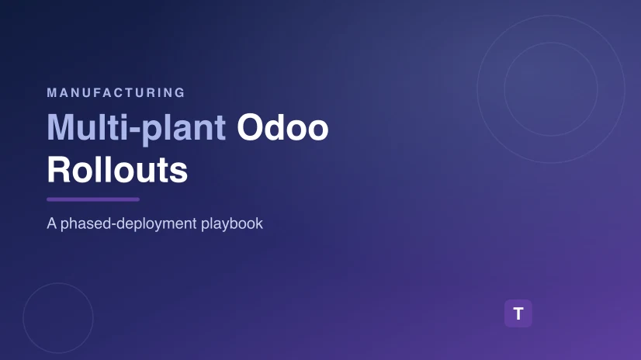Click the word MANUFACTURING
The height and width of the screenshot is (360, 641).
pos(116,93)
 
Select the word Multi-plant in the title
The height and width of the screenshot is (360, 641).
pos(136,129)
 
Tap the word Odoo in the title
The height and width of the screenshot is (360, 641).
pos(282,127)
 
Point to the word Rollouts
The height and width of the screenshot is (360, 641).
pos(117,170)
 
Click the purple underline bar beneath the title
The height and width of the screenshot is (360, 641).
pos(93,199)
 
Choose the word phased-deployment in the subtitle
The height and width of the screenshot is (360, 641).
pos(128,224)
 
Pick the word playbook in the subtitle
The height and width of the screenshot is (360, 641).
pos(232,223)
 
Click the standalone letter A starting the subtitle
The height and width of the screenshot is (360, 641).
pos(51,223)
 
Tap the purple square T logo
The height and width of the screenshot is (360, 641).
pos(518,313)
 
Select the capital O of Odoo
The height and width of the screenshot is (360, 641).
pos(250,127)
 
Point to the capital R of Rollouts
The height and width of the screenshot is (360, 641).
pos(58,169)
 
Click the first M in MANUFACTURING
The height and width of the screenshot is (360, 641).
pos(51,93)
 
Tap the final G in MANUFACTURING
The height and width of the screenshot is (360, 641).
pos(180,93)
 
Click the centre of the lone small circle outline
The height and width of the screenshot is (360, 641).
pos(58,318)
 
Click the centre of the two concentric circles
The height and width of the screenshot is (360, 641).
pos(551,89)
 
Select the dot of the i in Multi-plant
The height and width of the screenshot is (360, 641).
pos(124,116)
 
